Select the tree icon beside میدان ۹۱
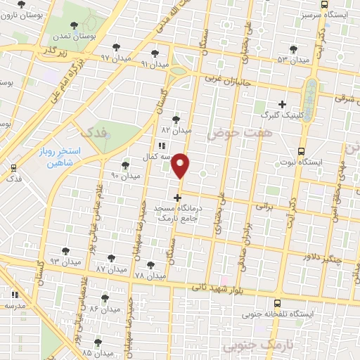point(155,53)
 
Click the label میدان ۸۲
point(176,130)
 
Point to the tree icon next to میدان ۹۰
point(125,165)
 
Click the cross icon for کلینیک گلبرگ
point(282,104)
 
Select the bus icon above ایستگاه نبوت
point(302,151)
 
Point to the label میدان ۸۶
point(104,309)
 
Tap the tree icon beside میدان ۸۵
point(98,343)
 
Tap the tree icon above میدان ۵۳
point(293,49)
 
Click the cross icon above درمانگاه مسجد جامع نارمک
point(177,198)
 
